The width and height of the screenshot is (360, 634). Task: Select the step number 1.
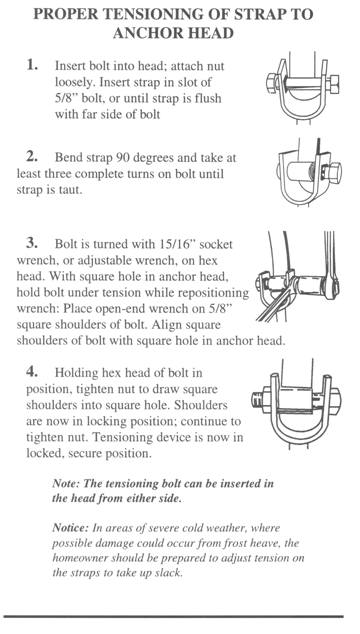32,64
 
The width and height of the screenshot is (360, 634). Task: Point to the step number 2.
32,156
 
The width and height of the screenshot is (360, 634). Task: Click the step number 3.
32,243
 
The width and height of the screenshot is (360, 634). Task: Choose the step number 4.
32,371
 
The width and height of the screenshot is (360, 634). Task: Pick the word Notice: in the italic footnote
70,528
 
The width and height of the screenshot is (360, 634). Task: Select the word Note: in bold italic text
65,483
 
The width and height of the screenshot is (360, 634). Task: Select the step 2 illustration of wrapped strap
309,172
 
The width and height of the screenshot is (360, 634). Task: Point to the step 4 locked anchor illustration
296,404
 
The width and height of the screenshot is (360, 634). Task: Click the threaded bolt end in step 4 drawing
257,400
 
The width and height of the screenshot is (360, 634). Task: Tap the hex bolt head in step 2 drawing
333,171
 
